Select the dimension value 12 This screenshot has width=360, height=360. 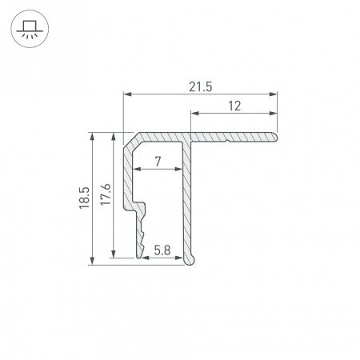[x=234, y=106]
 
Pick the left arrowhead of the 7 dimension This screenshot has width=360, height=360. [x=135, y=170]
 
